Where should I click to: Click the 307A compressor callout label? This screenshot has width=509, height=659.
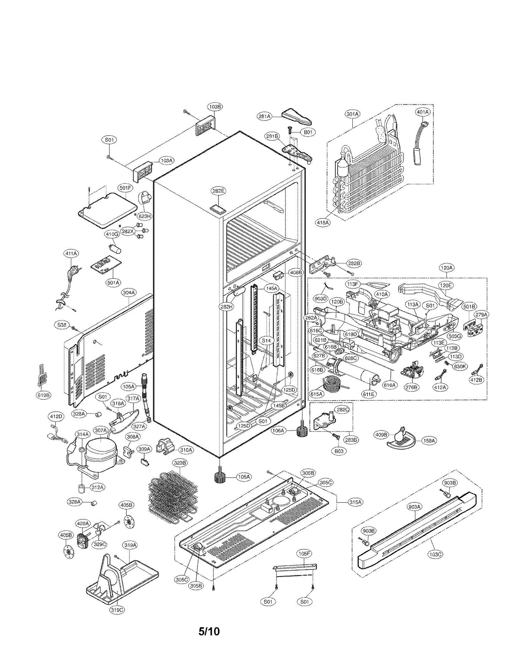[x=101, y=431]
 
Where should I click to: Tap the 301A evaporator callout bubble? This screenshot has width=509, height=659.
[x=352, y=114]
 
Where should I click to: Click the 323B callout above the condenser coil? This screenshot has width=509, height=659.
[x=180, y=463]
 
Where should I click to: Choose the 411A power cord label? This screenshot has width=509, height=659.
[x=71, y=254]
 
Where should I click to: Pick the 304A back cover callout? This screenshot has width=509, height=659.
[x=129, y=292]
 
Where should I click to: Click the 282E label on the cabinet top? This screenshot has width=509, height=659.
[x=218, y=191]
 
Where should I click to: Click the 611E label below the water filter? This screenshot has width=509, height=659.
[x=369, y=394]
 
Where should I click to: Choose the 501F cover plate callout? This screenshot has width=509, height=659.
[x=125, y=188]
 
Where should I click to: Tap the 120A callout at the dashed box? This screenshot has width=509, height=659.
[x=446, y=268]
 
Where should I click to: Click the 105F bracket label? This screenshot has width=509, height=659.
[x=304, y=554]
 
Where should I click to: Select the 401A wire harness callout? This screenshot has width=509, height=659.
[x=423, y=112]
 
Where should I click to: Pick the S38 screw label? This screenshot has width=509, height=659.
[x=62, y=325]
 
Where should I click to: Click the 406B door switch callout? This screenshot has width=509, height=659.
[x=296, y=273]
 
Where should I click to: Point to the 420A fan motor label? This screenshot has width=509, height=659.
[x=83, y=523]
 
